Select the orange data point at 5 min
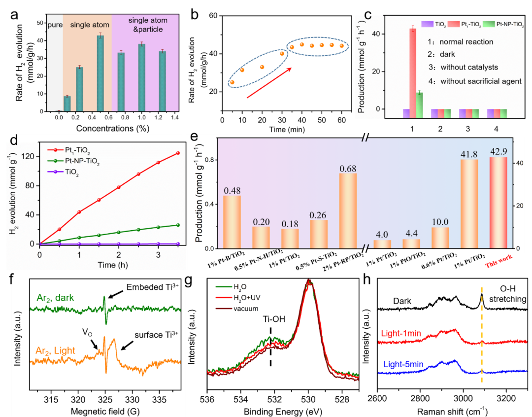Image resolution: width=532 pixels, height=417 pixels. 232,82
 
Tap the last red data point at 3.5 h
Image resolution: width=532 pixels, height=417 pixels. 177,153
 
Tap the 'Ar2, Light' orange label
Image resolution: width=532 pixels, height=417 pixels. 55,336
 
